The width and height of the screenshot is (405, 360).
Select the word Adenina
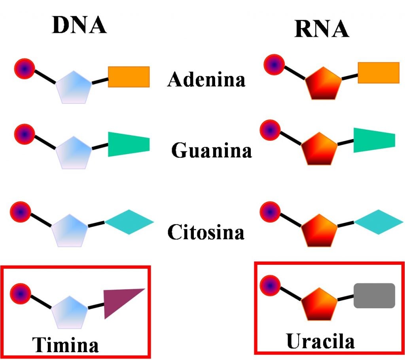tap(206, 79)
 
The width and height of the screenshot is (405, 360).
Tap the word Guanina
tap(212, 151)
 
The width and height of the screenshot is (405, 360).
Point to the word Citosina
tap(206, 232)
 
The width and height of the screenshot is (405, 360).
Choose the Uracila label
tap(320, 341)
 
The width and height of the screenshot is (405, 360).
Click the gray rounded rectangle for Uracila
tap(374, 296)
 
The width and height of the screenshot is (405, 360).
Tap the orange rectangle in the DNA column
tap(129, 77)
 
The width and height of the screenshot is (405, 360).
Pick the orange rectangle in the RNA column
tap(379, 72)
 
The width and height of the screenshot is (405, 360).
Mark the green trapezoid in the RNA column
tap(373, 140)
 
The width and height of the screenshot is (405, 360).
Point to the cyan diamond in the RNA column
tap(379, 222)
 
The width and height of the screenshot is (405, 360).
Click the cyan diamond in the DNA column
tap(129, 222)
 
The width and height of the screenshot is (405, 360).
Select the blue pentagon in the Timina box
tap(70, 313)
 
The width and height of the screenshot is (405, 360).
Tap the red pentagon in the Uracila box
tap(319, 305)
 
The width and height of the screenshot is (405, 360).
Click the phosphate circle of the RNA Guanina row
tap(270, 130)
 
